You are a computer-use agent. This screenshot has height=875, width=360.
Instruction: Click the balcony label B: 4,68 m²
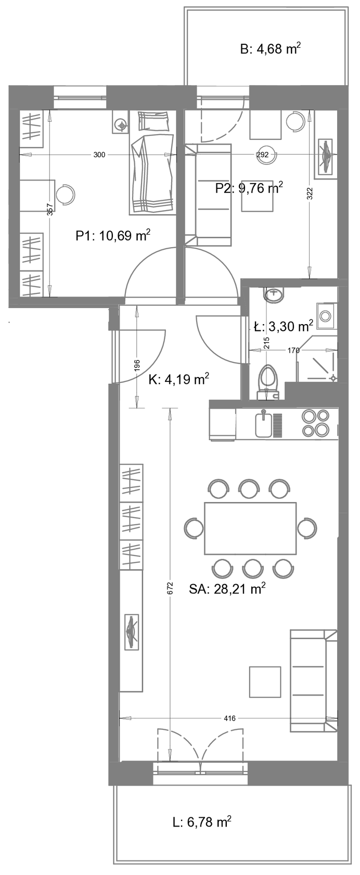(271, 49)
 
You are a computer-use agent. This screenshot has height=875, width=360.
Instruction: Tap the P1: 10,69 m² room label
(113, 236)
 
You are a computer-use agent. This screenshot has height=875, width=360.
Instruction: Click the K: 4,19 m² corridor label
(179, 379)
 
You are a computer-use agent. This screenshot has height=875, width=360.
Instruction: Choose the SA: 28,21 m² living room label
(227, 589)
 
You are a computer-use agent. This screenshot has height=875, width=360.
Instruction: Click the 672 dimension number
(170, 589)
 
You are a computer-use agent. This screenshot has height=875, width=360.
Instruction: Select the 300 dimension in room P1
(99, 155)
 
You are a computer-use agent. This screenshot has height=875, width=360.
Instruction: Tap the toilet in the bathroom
(268, 382)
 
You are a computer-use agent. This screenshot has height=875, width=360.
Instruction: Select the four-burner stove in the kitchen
(316, 422)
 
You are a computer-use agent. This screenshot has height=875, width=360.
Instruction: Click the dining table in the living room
(250, 528)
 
